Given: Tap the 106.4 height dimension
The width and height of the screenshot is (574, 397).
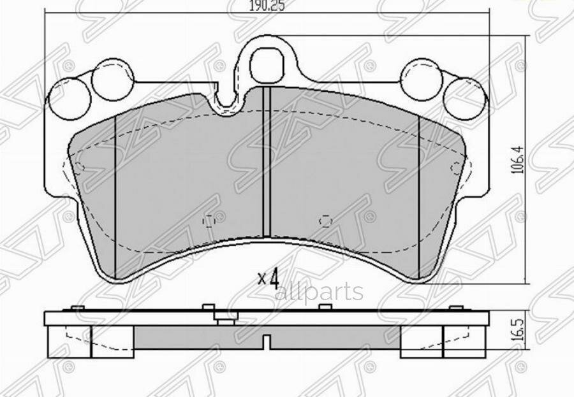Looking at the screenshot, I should [x=518, y=159].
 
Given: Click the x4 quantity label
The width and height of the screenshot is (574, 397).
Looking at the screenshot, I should [x=269, y=277].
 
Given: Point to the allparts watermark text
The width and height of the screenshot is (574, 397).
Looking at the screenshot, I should [x=318, y=292].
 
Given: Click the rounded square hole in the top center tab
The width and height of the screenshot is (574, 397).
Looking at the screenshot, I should [x=265, y=66].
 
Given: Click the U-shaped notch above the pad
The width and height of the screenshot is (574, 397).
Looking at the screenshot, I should [x=227, y=101].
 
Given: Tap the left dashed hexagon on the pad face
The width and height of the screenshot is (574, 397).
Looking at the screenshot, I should [x=209, y=221].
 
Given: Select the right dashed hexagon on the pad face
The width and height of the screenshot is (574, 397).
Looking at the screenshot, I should [x=325, y=221].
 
